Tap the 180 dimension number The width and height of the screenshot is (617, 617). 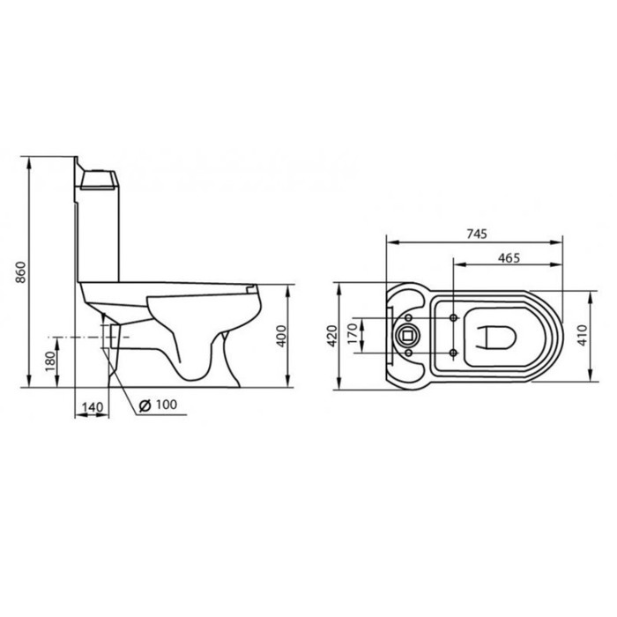(49, 362)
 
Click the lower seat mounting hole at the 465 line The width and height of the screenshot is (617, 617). (452, 353)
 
